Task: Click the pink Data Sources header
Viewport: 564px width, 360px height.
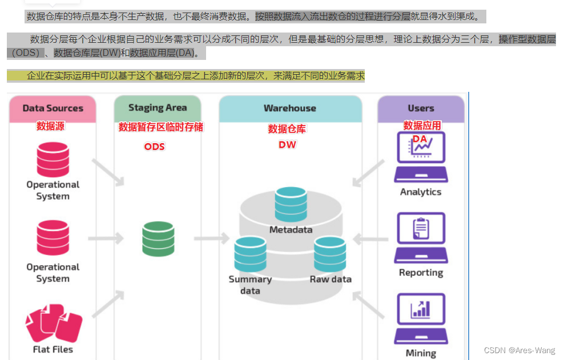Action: pyautogui.click(x=53, y=108)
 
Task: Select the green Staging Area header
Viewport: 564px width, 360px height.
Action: pyautogui.click(x=158, y=108)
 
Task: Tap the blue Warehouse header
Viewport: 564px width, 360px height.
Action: pyautogui.click(x=290, y=108)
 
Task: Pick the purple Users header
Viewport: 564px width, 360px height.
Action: pyautogui.click(x=421, y=108)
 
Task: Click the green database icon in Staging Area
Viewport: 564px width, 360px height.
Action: pyautogui.click(x=158, y=238)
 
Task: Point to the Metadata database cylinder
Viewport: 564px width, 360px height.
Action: pyautogui.click(x=291, y=204)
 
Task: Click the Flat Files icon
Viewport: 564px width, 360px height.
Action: pyautogui.click(x=53, y=322)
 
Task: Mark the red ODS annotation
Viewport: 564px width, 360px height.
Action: pyautogui.click(x=154, y=147)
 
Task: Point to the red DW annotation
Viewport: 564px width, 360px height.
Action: pyautogui.click(x=287, y=145)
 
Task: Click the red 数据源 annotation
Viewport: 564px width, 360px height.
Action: pyautogui.click(x=51, y=126)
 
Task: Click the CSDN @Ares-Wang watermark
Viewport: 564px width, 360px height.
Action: pyautogui.click(x=520, y=350)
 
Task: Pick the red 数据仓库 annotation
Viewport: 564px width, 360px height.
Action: pyautogui.click(x=287, y=130)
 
